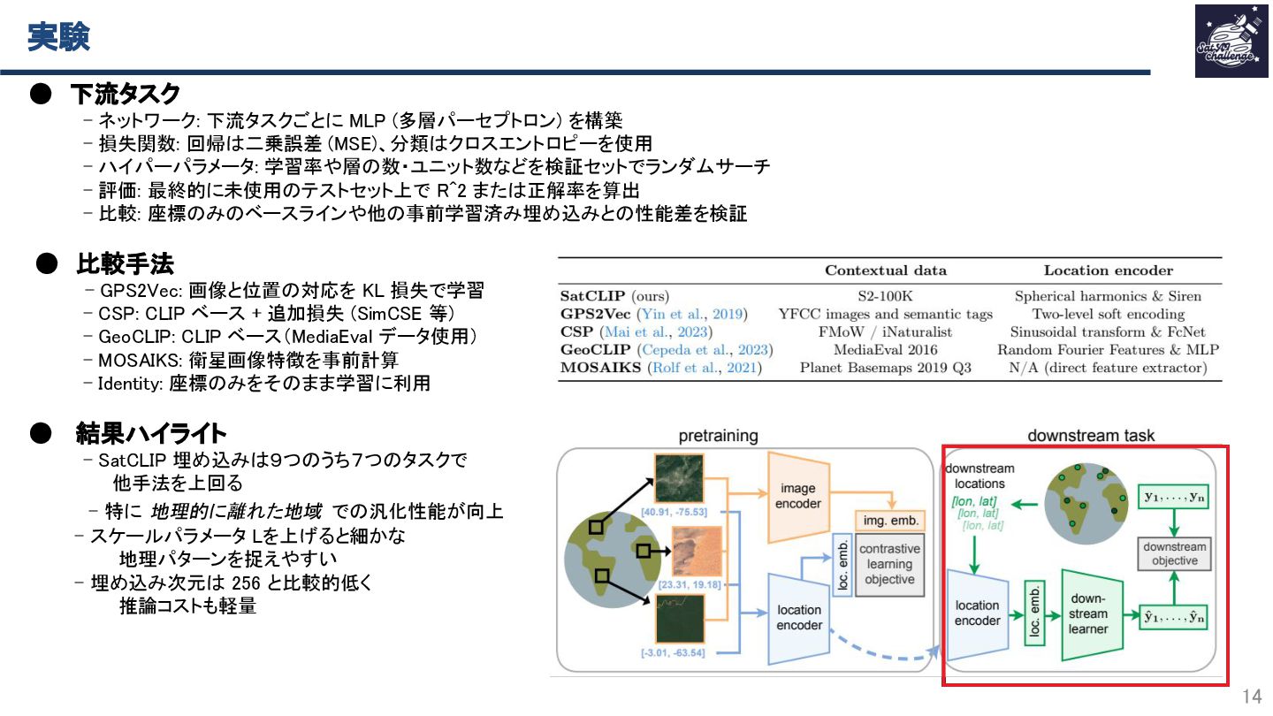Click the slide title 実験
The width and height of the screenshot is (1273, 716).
tap(58, 36)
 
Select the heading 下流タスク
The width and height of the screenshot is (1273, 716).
tap(125, 94)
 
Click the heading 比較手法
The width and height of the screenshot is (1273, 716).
tap(125, 263)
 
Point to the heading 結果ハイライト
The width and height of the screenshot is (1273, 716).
tap(151, 433)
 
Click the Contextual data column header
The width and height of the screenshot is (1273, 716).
tap(885, 270)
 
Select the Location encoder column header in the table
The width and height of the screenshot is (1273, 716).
tap(1108, 270)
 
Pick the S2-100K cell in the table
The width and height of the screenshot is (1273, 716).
tap(885, 296)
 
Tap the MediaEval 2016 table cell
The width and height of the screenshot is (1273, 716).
tap(885, 349)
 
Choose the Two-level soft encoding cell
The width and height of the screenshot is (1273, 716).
tap(1108, 314)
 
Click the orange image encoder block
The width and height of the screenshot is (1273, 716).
tap(797, 496)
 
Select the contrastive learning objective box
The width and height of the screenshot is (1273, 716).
tap(889, 564)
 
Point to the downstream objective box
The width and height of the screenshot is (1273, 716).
tap(1174, 553)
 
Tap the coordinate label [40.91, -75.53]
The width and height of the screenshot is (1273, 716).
tap(678, 512)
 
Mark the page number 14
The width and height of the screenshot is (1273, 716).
tap(1252, 695)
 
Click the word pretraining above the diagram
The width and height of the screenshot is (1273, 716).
tap(718, 436)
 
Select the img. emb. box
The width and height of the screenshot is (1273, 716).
tap(889, 521)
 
